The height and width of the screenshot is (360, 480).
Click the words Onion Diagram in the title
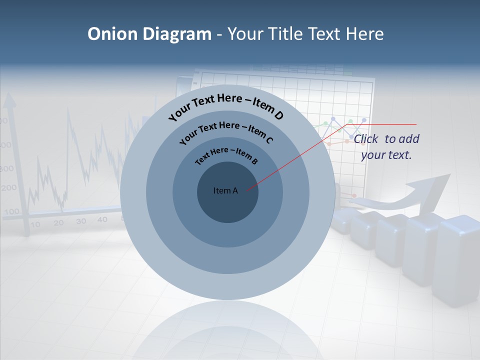coord(149,34)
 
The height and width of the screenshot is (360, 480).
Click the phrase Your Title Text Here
coord(305,34)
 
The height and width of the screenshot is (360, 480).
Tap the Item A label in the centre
coord(225,190)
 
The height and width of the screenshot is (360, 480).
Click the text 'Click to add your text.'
coord(386,147)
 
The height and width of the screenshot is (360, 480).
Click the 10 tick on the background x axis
coord(35,224)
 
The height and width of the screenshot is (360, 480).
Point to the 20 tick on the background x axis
coord(58,223)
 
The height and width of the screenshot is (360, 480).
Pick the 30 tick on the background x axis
coord(81,221)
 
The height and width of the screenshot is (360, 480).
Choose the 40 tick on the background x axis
coord(102,219)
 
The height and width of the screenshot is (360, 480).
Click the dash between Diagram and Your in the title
coord(219,34)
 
